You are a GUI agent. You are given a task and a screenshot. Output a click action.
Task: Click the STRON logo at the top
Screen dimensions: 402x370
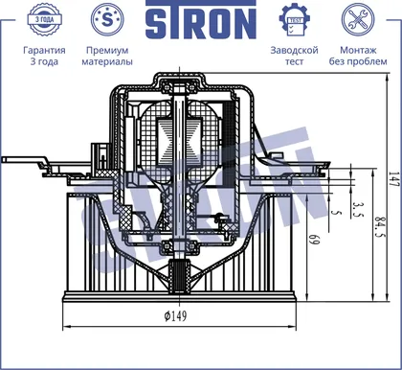pos(201,20)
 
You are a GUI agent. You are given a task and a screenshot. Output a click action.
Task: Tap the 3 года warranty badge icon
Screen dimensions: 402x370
pos(44,19)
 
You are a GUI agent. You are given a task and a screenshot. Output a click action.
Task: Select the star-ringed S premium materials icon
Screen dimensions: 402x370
pos(107,19)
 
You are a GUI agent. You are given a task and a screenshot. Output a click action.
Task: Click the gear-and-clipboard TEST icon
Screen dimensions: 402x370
pos(295,20)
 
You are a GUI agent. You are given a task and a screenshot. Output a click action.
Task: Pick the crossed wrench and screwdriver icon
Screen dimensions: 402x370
pos(358,19)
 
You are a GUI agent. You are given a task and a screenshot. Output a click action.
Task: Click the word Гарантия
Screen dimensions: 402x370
pos(44,50)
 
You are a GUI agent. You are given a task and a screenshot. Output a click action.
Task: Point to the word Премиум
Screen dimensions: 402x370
pos(107,50)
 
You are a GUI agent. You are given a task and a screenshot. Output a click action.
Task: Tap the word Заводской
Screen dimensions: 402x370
pos(294,50)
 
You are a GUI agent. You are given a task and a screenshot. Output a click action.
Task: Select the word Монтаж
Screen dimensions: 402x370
pos(358,50)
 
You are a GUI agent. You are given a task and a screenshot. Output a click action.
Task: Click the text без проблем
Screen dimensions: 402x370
pos(358,61)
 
